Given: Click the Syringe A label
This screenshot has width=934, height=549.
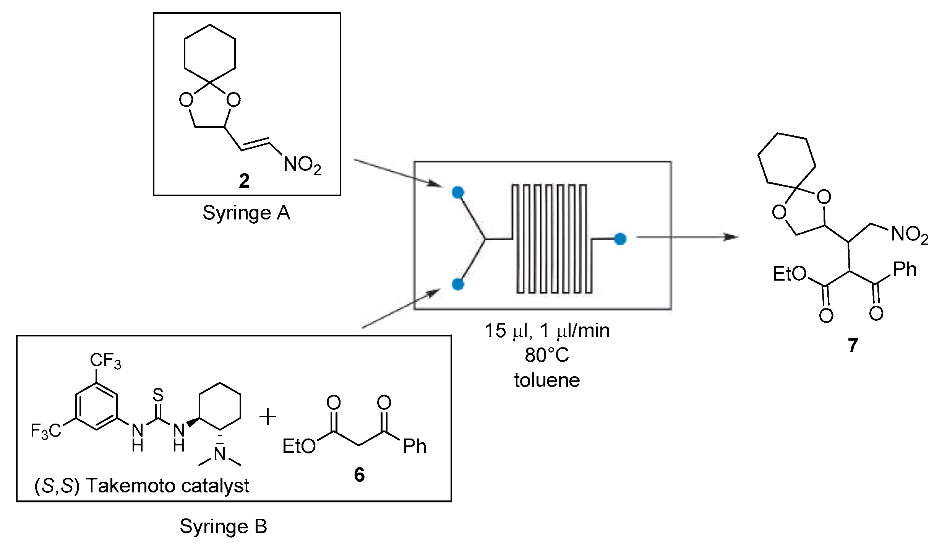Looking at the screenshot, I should [246, 213].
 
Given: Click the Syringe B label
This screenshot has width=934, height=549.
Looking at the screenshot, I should [223, 527].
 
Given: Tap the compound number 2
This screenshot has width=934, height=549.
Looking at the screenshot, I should [244, 181].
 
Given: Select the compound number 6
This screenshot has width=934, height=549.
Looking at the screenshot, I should [359, 474].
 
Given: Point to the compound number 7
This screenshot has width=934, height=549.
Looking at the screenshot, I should [853, 345].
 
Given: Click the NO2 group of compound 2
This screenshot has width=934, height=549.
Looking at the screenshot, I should [302, 165].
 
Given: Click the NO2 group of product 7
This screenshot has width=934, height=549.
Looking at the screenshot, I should [910, 234].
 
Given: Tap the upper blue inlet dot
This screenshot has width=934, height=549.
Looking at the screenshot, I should [458, 192].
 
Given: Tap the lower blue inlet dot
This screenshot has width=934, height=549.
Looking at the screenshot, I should [458, 284].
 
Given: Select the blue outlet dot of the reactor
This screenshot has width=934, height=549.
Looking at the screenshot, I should [620, 239].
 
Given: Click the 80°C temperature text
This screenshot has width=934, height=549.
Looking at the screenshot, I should [546, 355].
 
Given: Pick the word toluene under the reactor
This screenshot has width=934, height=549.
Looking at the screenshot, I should [546, 380].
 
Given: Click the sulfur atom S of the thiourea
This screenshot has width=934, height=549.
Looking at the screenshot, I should [158, 395].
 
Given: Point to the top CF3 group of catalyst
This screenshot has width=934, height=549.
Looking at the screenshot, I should [105, 361].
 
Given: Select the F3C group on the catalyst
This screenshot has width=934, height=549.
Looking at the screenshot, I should [45, 431].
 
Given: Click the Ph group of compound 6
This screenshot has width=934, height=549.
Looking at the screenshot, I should [414, 446].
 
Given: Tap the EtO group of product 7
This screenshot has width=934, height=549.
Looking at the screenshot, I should [789, 274].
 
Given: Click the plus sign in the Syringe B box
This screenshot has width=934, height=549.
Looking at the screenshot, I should [268, 417].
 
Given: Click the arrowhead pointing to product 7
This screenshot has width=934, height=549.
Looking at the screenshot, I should [732, 237].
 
